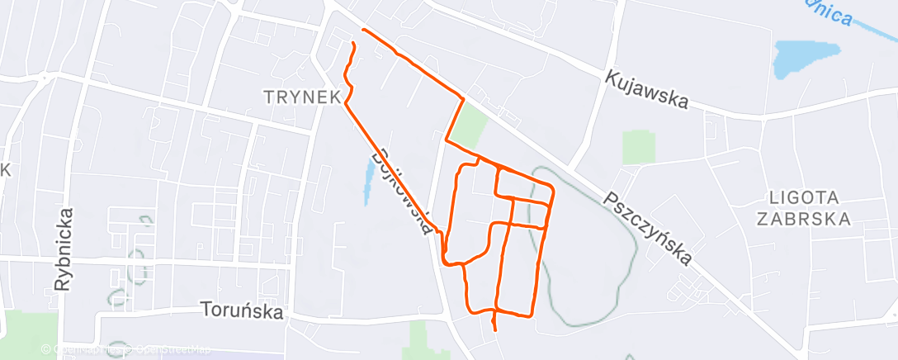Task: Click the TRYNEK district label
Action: tap(302, 97)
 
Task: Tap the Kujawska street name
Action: tap(646, 88)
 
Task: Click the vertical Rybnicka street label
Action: tap(65, 249)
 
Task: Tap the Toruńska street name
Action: tap(242, 311)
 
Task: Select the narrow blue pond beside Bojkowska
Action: tap(366, 182)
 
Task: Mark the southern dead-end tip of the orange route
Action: tap(494, 329)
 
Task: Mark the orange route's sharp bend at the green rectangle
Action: tap(463, 98)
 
